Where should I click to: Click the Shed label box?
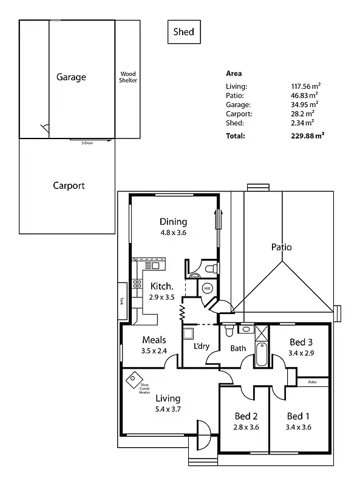coord(183,32)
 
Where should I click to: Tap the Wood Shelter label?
coord(128,77)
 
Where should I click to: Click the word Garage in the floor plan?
coord(71,77)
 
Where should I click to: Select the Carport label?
coord(69,186)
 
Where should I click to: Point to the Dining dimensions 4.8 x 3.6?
coord(173,232)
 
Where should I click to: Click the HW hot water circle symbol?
coord(207,288)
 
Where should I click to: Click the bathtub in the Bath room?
coord(262,355)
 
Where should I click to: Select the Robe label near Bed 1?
coord(312,382)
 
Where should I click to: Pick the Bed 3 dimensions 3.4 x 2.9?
coord(301,353)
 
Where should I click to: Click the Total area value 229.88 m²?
coord(307,136)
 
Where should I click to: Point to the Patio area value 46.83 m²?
coord(305,95)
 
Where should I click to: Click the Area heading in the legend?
coord(234,74)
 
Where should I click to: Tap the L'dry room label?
coord(201,347)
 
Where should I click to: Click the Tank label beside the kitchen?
coord(121,301)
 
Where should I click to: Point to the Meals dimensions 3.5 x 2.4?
coord(154,351)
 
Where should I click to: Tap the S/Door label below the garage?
coord(88,143)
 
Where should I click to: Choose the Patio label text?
coord(281,247)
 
